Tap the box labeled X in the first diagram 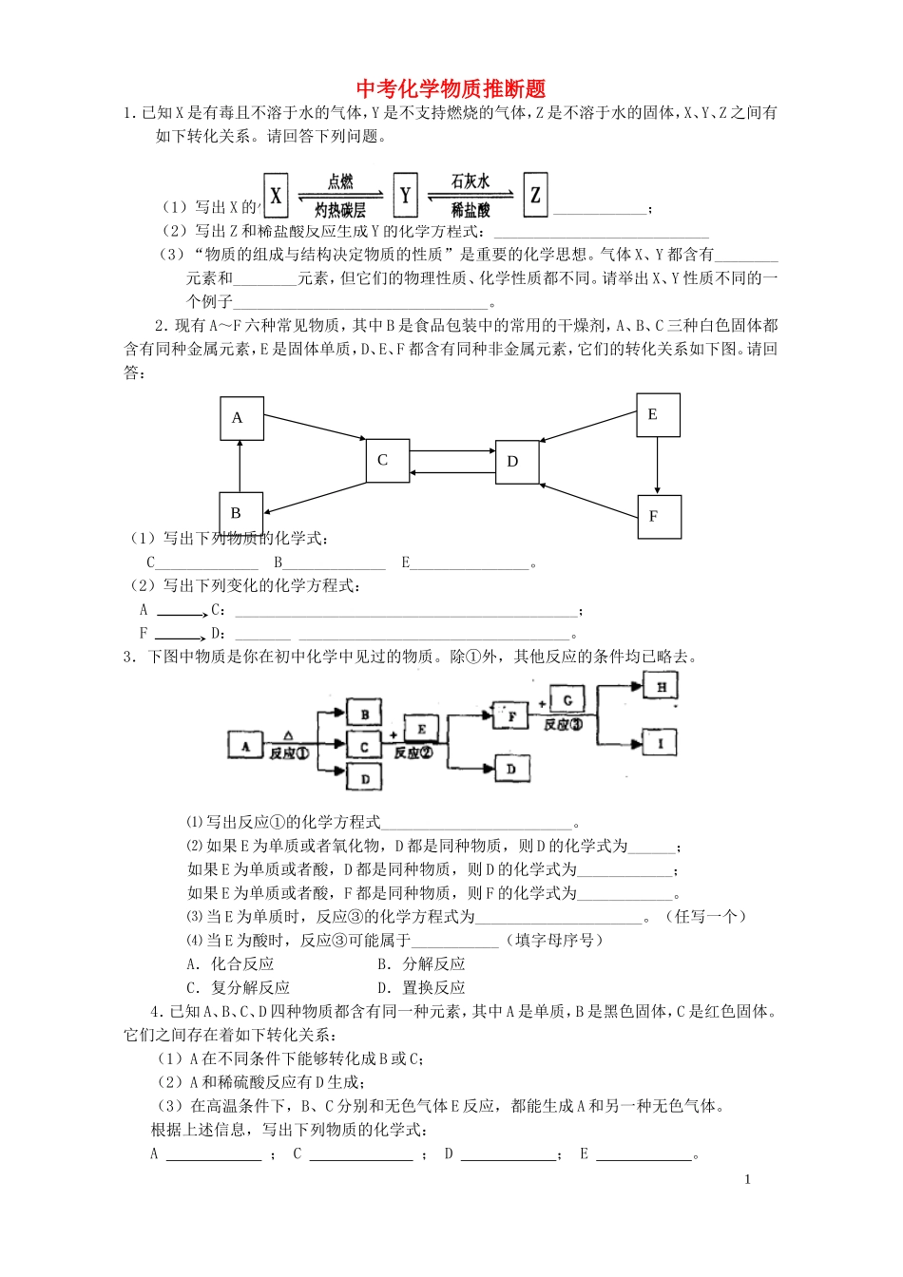pos(276,197)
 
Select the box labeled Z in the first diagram pos(535,195)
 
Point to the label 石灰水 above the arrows pos(471,181)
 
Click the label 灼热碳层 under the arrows pos(340,211)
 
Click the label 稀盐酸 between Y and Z pos(471,210)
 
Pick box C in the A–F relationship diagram pos(387,461)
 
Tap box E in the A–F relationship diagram pos(657,415)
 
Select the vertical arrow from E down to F pos(657,466)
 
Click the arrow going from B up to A pos(240,467)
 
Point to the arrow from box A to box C pos(315,428)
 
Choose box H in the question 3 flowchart pos(662,686)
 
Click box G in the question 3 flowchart pos(567,701)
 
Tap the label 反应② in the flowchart pos(413,753)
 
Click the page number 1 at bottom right pos(747,1179)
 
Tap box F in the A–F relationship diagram pos(658,517)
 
